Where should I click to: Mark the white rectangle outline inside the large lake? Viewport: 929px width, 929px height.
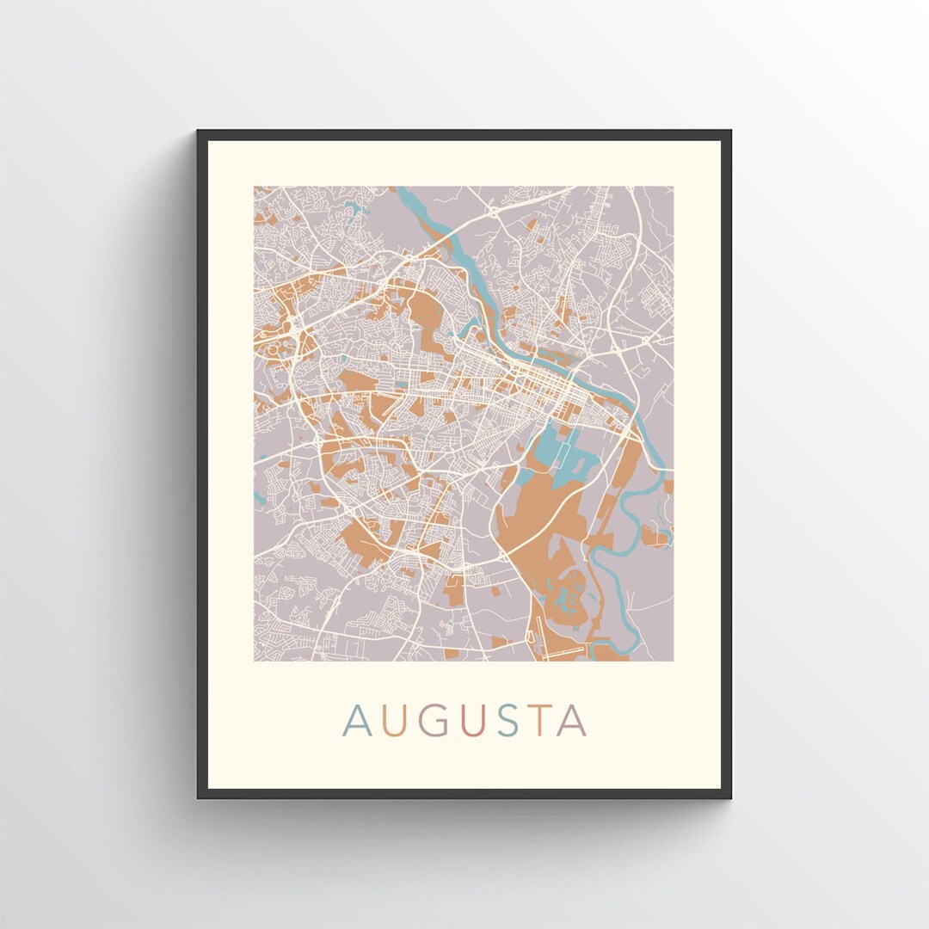pos(565,456)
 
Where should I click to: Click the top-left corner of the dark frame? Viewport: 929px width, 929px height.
pos(199,132)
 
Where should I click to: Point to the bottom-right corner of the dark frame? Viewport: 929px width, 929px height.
pos(729,797)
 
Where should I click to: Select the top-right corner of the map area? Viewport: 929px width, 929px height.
pos(673,188)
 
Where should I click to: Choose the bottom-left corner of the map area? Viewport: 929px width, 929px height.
pos(255,660)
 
